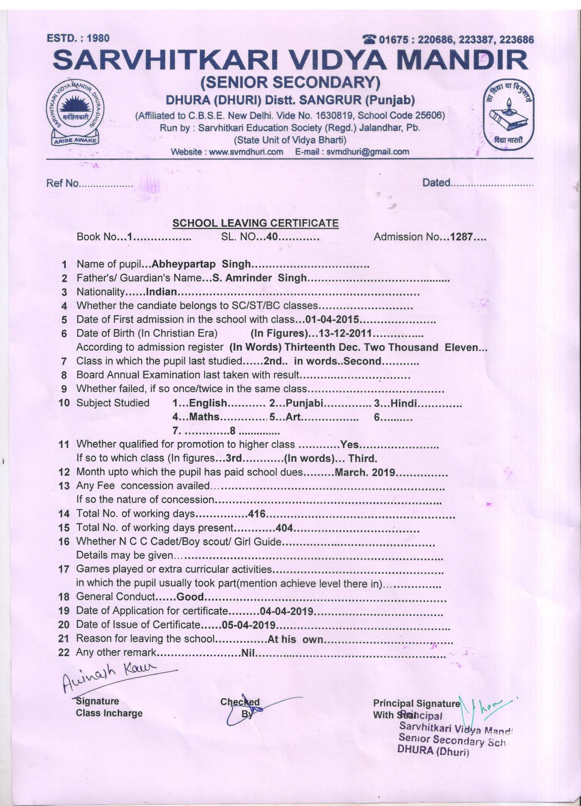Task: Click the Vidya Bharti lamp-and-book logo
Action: pos(507,117)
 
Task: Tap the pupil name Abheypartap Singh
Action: pos(201,264)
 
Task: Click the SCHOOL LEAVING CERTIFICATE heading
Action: pos(255,223)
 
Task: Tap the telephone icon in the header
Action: pos(369,40)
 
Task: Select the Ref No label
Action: pos(63,183)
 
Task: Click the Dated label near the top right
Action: pos(436,183)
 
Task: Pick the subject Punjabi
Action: pos(305,403)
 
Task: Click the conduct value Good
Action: pos(190,597)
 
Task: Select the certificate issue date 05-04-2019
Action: pos(248,625)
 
